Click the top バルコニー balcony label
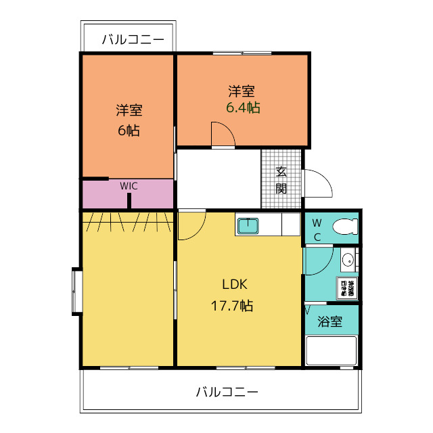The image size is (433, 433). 133,40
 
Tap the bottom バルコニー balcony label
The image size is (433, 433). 227,392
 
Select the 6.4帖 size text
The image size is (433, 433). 243,108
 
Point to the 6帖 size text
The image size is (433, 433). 129,131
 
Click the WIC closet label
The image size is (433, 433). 129,185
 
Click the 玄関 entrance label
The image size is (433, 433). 281,179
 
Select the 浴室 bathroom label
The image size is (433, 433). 329,322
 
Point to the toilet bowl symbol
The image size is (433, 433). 344,227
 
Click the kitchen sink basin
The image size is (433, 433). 248,225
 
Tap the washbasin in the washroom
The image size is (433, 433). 348,259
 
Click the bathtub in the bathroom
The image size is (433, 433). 331,351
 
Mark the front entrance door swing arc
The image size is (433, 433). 317,183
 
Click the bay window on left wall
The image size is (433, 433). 76,292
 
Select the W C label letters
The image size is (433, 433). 317,229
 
